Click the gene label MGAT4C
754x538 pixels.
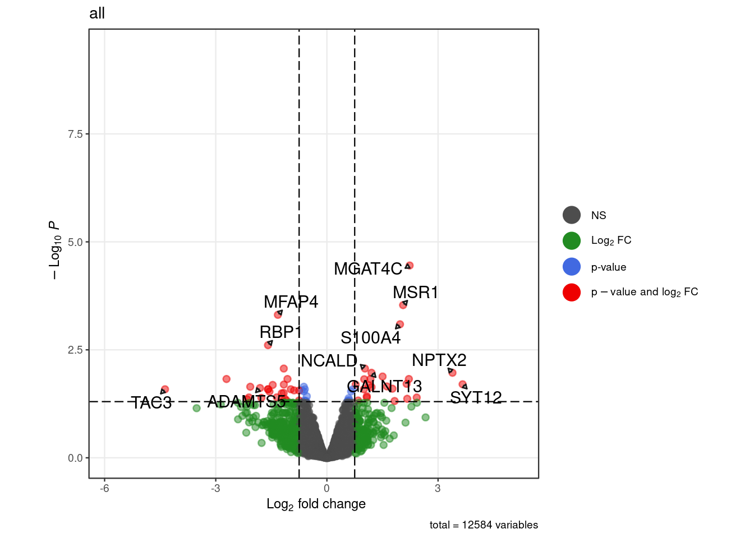(367, 269)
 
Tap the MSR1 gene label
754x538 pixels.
(415, 293)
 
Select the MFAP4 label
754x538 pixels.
(291, 302)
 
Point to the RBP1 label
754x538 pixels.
(281, 332)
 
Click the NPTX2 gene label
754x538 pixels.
(439, 360)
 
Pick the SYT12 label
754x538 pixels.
(476, 398)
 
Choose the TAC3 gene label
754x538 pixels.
(151, 403)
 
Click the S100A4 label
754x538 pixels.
(370, 338)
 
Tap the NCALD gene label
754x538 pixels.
(329, 361)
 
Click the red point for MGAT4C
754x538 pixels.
(410, 266)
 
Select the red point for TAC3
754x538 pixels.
(165, 389)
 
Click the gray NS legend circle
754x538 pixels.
(572, 215)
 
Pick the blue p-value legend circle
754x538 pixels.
(572, 267)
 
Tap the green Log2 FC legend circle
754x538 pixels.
(572, 240)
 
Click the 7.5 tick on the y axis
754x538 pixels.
(75, 134)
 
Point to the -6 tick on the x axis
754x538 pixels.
(104, 488)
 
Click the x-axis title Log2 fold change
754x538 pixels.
(316, 504)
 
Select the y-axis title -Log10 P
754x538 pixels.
(54, 250)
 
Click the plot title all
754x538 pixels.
(97, 13)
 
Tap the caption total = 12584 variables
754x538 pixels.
(484, 525)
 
